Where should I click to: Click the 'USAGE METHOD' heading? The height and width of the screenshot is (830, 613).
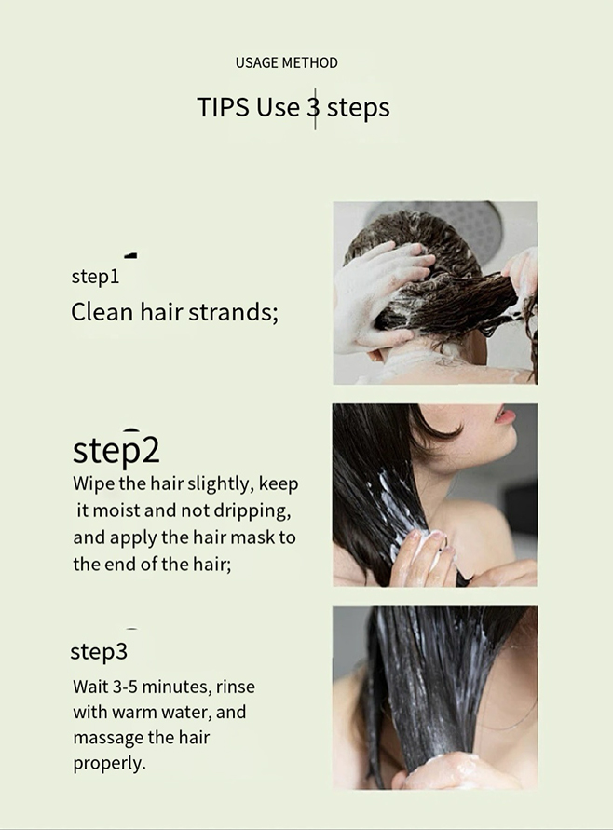(286, 62)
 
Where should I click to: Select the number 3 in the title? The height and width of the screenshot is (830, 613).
(313, 107)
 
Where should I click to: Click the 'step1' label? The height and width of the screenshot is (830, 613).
(95, 277)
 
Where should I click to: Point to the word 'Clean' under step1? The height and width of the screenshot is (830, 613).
(102, 311)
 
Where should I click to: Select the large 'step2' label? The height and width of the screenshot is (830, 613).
(116, 450)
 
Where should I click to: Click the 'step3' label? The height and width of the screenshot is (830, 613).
(99, 652)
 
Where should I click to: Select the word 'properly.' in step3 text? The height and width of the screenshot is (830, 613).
(109, 764)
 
